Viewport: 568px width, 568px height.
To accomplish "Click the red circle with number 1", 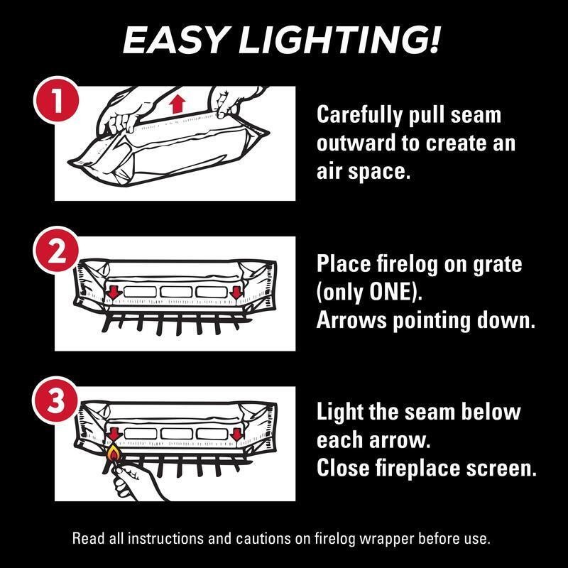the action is [x=56, y=99].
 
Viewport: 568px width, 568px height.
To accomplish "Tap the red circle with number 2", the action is [x=56, y=250].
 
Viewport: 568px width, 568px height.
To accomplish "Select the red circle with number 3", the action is [x=56, y=400].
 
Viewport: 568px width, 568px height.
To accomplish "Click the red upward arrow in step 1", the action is [x=177, y=103].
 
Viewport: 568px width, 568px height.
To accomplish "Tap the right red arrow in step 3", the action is [x=236, y=435].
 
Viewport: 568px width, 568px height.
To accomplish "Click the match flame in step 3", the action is [x=114, y=452].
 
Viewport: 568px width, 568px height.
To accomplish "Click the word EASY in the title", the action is [x=175, y=40].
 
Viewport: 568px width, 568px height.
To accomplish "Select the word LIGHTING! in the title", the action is [x=339, y=40].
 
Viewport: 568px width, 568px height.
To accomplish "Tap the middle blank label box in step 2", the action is [x=176, y=292].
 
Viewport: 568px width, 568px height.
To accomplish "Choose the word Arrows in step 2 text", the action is [x=351, y=321].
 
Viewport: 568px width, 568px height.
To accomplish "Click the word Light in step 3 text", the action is [x=339, y=413].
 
